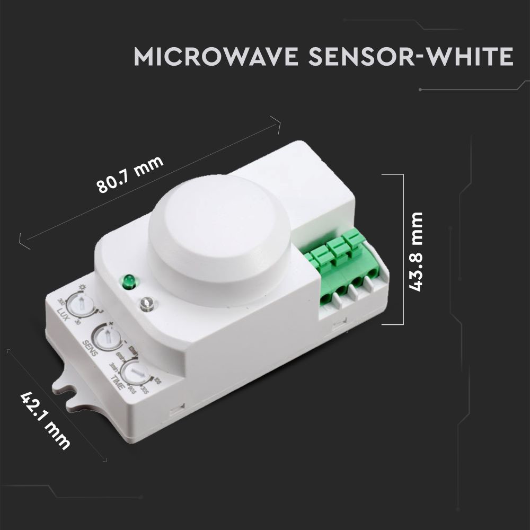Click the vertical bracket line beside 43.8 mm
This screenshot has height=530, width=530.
[x=403, y=249]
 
